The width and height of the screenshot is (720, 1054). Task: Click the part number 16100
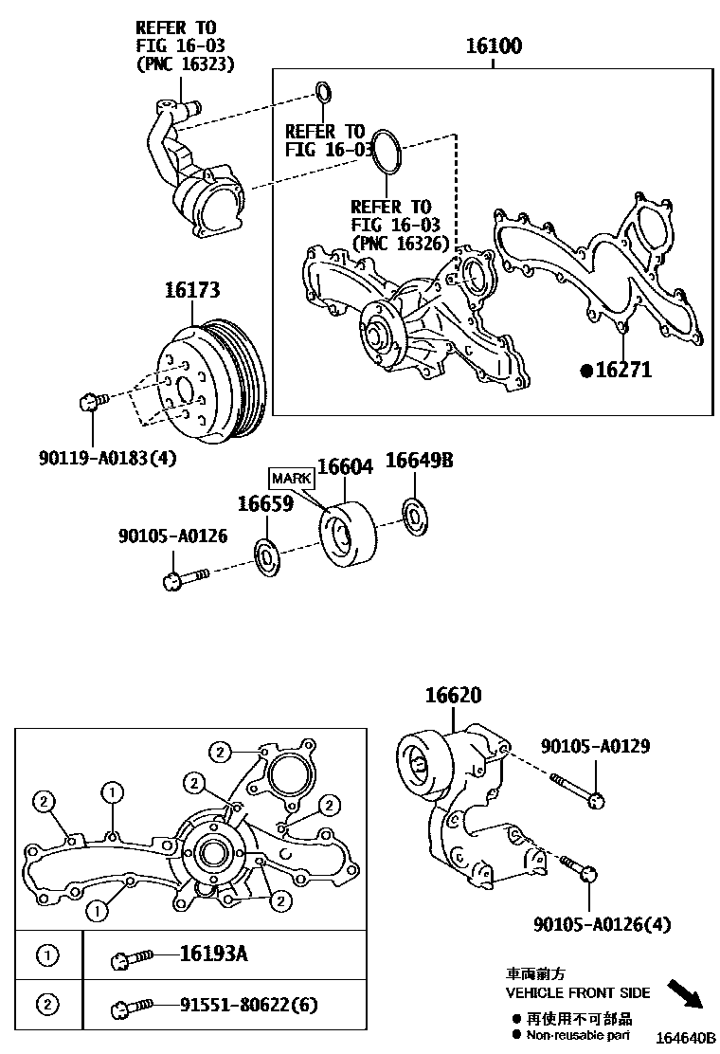click(494, 46)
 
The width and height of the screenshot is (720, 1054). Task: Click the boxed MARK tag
click(291, 478)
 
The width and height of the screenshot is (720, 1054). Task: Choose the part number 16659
click(264, 503)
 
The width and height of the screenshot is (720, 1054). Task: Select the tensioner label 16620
click(452, 696)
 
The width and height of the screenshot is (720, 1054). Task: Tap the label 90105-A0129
click(595, 746)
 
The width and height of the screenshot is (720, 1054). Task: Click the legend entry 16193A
click(214, 954)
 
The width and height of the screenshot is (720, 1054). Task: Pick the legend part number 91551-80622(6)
click(249, 1005)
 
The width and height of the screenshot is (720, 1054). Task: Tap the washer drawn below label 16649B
click(414, 514)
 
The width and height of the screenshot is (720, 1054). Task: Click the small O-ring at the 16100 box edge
click(323, 92)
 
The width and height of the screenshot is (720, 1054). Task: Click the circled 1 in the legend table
click(47, 954)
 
